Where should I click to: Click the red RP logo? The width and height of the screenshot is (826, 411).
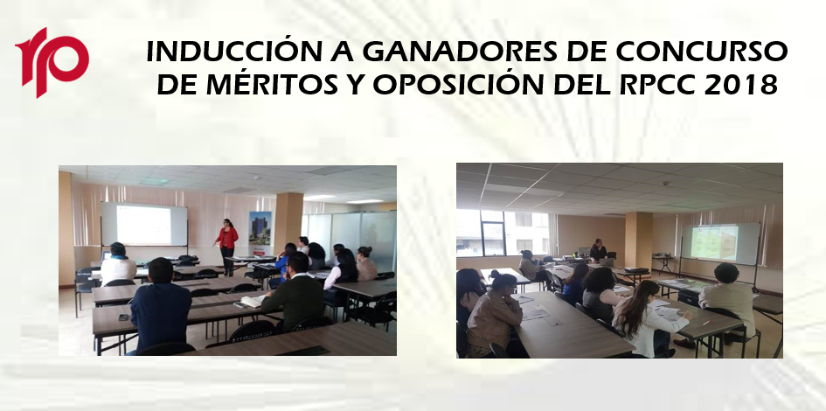52,61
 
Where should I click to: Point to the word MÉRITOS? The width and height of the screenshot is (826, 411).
271,85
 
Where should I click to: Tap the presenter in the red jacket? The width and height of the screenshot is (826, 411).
227,246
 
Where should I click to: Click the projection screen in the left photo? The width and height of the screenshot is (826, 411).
144,225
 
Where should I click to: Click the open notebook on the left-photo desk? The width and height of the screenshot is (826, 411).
252,301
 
